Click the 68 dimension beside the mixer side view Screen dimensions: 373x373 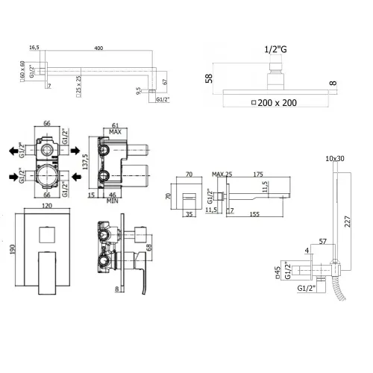149,246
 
